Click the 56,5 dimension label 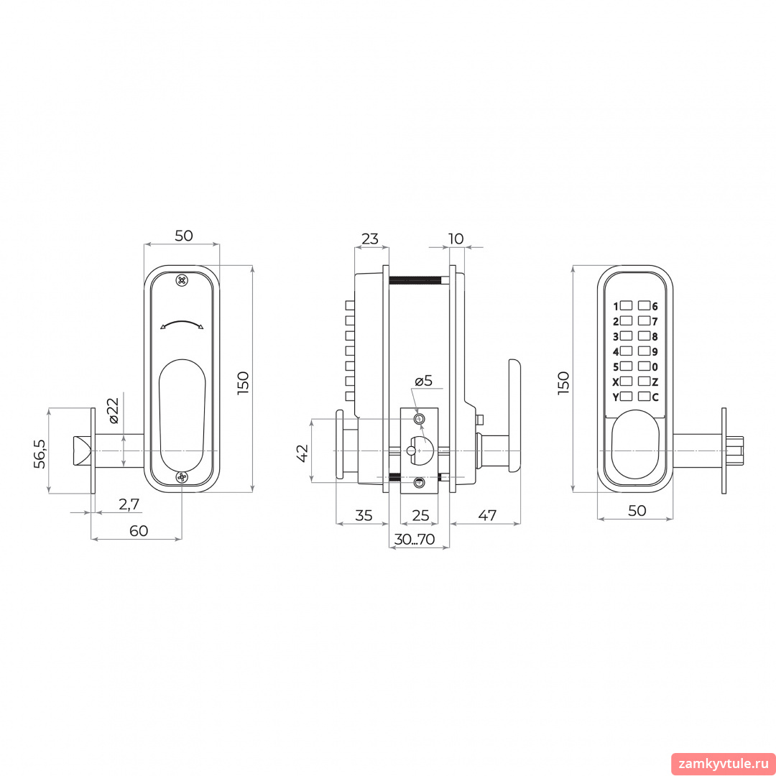coord(40,453)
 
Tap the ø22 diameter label coord(114,410)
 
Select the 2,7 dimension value coord(129,504)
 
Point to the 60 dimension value coord(139,530)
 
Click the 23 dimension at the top coord(370,239)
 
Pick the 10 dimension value coord(456,239)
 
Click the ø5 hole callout coord(424,380)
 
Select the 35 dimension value coord(364,515)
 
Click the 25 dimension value coord(420,515)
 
